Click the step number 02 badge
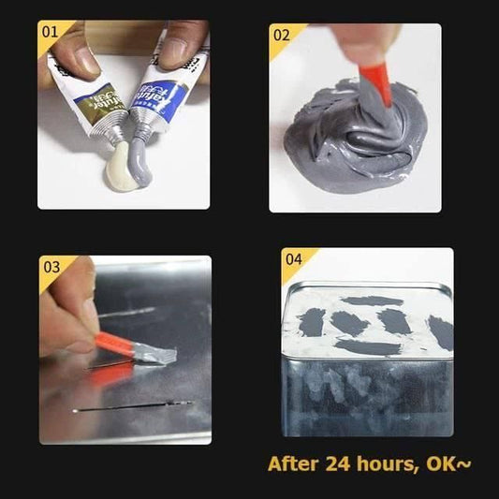[x=281, y=36]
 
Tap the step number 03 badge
[x=51, y=268]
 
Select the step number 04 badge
[x=293, y=259]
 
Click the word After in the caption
[x=293, y=463]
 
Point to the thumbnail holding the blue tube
[x=177, y=54]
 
